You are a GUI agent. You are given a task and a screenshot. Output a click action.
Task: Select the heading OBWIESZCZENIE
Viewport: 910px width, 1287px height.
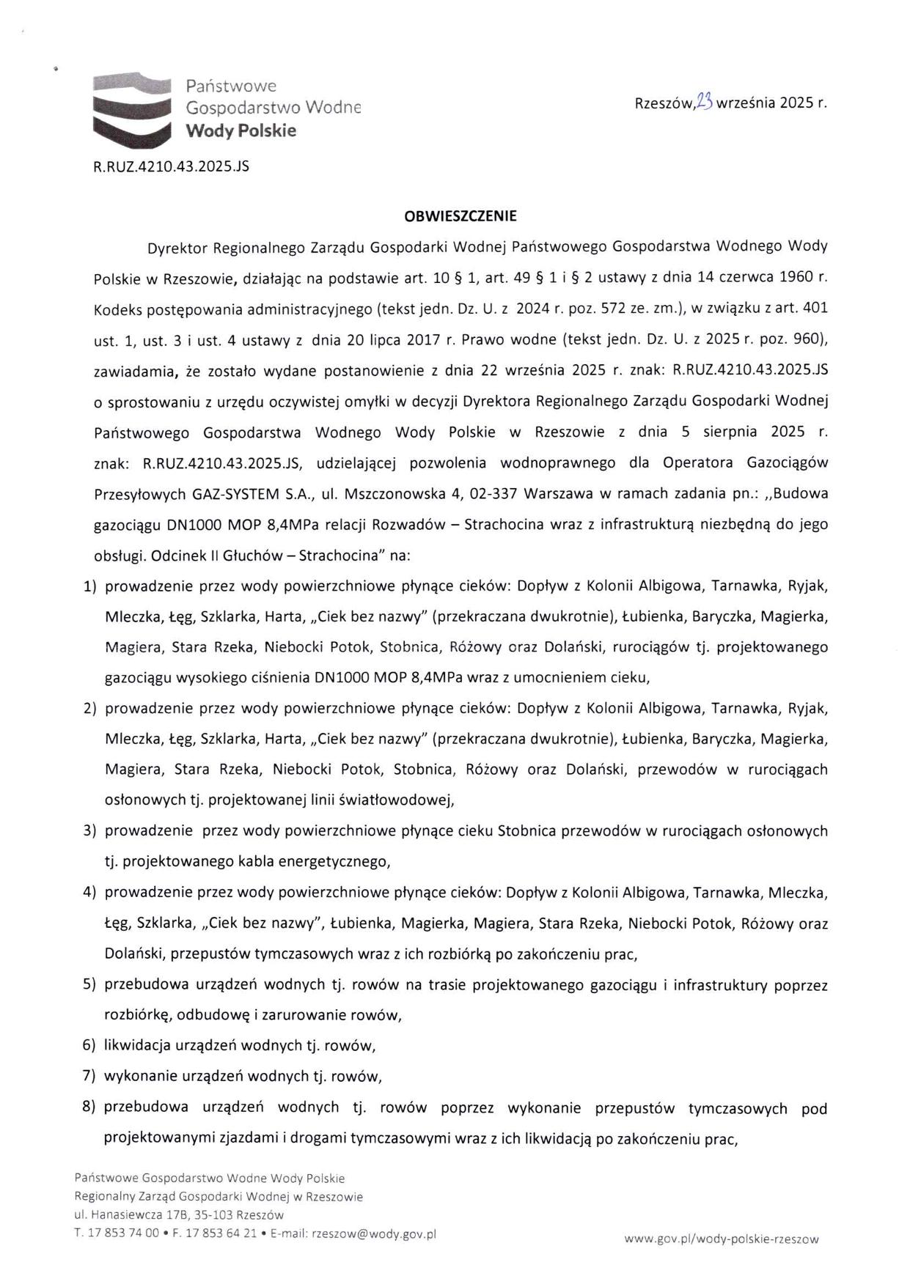pyautogui.click(x=460, y=216)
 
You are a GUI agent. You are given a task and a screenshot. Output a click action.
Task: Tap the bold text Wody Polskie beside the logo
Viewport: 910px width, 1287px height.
pyautogui.click(x=241, y=131)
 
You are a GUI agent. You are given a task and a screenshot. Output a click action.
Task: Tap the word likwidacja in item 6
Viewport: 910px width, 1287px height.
pyautogui.click(x=137, y=1045)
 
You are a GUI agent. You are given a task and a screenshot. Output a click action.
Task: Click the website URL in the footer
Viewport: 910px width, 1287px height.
pyautogui.click(x=721, y=1239)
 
